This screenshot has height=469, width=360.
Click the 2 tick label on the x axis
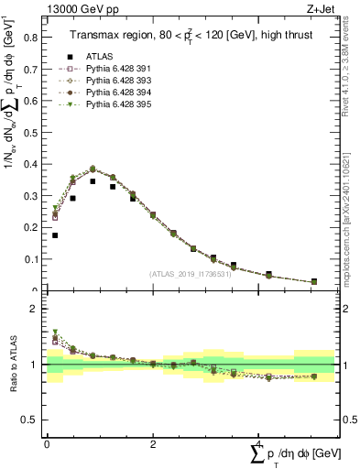coord(152,444)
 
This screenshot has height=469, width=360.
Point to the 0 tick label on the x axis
coord(47,444)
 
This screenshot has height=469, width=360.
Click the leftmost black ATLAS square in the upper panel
coord(55,235)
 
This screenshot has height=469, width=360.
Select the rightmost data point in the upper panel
coord(314,281)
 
